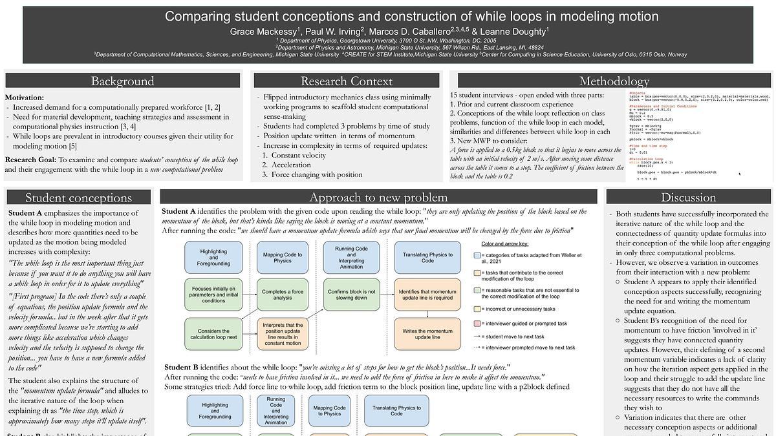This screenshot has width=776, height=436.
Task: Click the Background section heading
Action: [x=122, y=81]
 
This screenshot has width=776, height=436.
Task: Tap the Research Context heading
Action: [x=346, y=81]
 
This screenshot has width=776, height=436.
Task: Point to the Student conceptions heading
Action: [x=78, y=198]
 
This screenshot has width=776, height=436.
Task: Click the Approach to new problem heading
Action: [x=378, y=198]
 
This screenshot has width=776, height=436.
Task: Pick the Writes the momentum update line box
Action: [x=427, y=333]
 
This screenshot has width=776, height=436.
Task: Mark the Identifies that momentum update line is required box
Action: [x=427, y=296]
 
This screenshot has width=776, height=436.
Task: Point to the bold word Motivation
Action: [x=25, y=98]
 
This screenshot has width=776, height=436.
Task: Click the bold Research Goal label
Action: [x=30, y=160]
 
